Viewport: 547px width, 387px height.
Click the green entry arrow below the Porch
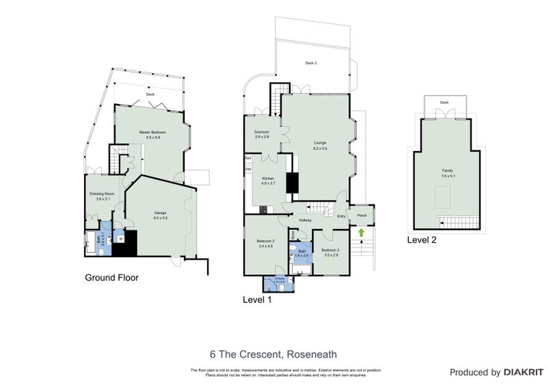click(x=361, y=232)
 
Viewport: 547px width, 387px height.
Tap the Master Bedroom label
click(x=149, y=132)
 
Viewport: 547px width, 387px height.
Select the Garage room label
click(x=160, y=213)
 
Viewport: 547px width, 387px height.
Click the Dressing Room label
click(x=101, y=193)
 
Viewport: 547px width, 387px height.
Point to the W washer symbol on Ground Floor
click(x=121, y=239)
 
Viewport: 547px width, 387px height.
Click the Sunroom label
click(x=262, y=132)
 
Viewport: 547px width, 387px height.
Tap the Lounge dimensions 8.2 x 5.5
click(x=320, y=148)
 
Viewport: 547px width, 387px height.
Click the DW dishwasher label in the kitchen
click(x=248, y=169)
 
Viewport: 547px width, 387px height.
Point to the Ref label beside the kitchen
click(x=248, y=159)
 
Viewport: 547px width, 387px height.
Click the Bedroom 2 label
click(x=265, y=241)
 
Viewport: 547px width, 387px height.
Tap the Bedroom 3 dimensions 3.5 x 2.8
click(x=331, y=255)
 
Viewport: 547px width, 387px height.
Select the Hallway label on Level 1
click(x=305, y=220)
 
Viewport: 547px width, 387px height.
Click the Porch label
click(x=362, y=216)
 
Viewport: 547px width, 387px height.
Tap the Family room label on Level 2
click(x=448, y=170)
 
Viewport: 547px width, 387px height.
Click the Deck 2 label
click(x=311, y=63)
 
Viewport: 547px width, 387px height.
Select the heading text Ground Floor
click(x=111, y=278)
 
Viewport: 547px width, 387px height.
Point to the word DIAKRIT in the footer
click(x=522, y=373)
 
